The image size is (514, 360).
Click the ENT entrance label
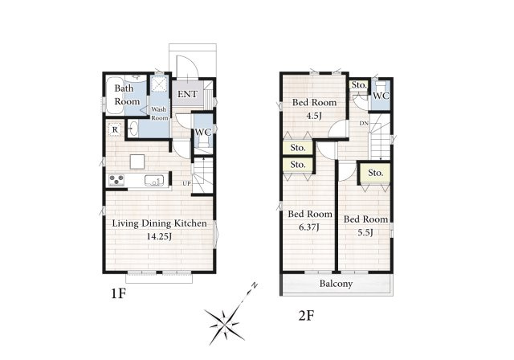[187, 95]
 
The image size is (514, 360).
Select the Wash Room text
[160, 113]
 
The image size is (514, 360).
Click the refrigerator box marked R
[115, 129]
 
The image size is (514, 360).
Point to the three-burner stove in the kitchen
[116, 180]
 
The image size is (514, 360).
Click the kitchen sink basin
[154, 181]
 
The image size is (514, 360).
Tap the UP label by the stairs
[186, 183]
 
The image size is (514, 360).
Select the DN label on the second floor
[364, 124]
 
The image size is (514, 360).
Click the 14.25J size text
[159, 236]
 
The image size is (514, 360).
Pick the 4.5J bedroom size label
[314, 116]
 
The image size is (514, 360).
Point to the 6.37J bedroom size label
[309, 227]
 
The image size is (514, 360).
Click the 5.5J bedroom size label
[365, 232]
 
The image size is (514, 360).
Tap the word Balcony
[336, 284]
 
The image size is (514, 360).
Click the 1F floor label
[118, 294]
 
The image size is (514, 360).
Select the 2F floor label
[307, 316]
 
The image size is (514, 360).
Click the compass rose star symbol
[225, 325]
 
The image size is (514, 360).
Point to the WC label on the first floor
[203, 132]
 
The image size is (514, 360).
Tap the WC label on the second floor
[381, 96]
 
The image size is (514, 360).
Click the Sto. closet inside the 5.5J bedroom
[375, 173]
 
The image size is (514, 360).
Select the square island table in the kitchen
[137, 162]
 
